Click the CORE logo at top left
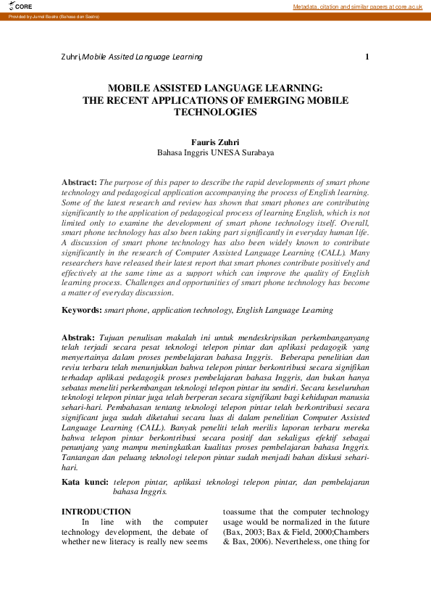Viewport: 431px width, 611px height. [20, 6]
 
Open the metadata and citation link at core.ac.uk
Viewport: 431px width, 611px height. [357, 7]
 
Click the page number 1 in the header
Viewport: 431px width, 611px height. [367, 57]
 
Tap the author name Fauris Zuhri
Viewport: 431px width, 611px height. [215, 142]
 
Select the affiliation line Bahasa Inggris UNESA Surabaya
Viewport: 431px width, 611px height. [215, 153]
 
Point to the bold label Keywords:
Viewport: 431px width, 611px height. [81, 310]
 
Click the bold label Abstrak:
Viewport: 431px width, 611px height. [78, 338]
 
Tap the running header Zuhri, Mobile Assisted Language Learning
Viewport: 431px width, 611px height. [132, 57]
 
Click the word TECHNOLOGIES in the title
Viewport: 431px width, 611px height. [215, 112]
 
